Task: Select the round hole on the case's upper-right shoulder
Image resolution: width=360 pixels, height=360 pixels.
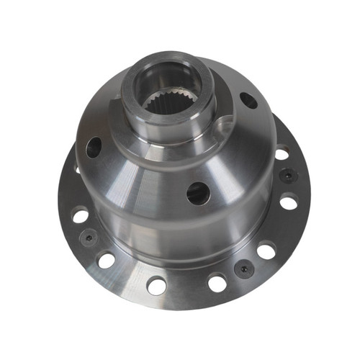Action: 248,100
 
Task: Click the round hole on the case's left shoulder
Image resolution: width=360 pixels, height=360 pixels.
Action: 94,148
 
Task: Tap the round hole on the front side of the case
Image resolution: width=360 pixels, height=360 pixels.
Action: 197,193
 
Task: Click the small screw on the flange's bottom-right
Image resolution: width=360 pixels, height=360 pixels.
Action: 243,268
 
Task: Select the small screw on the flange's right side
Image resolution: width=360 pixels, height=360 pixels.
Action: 287,175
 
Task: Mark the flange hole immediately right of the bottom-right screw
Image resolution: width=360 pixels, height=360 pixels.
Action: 266,251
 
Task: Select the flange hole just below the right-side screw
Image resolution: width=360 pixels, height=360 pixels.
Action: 288,202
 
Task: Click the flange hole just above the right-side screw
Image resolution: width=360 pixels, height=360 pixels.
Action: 282,153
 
